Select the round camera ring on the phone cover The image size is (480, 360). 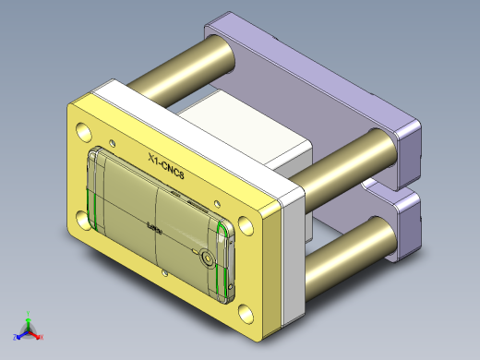(x=209, y=259)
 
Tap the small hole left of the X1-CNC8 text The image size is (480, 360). (x=114, y=142)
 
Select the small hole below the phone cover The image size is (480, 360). (x=167, y=273)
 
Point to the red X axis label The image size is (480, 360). (x=41, y=338)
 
